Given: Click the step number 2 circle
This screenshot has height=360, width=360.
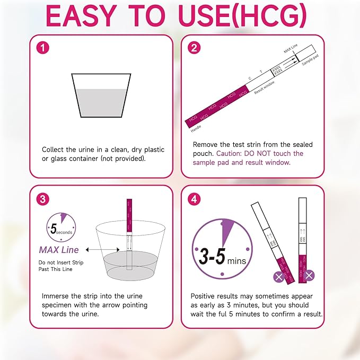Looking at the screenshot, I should (195, 48).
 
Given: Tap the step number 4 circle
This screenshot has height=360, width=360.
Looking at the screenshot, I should (195, 199).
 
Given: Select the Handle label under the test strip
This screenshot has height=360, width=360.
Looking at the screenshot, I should (197, 127).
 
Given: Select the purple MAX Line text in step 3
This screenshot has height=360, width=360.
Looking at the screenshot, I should (59, 250).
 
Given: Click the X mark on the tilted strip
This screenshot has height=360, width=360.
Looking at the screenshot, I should (277, 276).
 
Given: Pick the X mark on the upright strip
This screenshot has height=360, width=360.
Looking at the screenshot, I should (309, 275).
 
